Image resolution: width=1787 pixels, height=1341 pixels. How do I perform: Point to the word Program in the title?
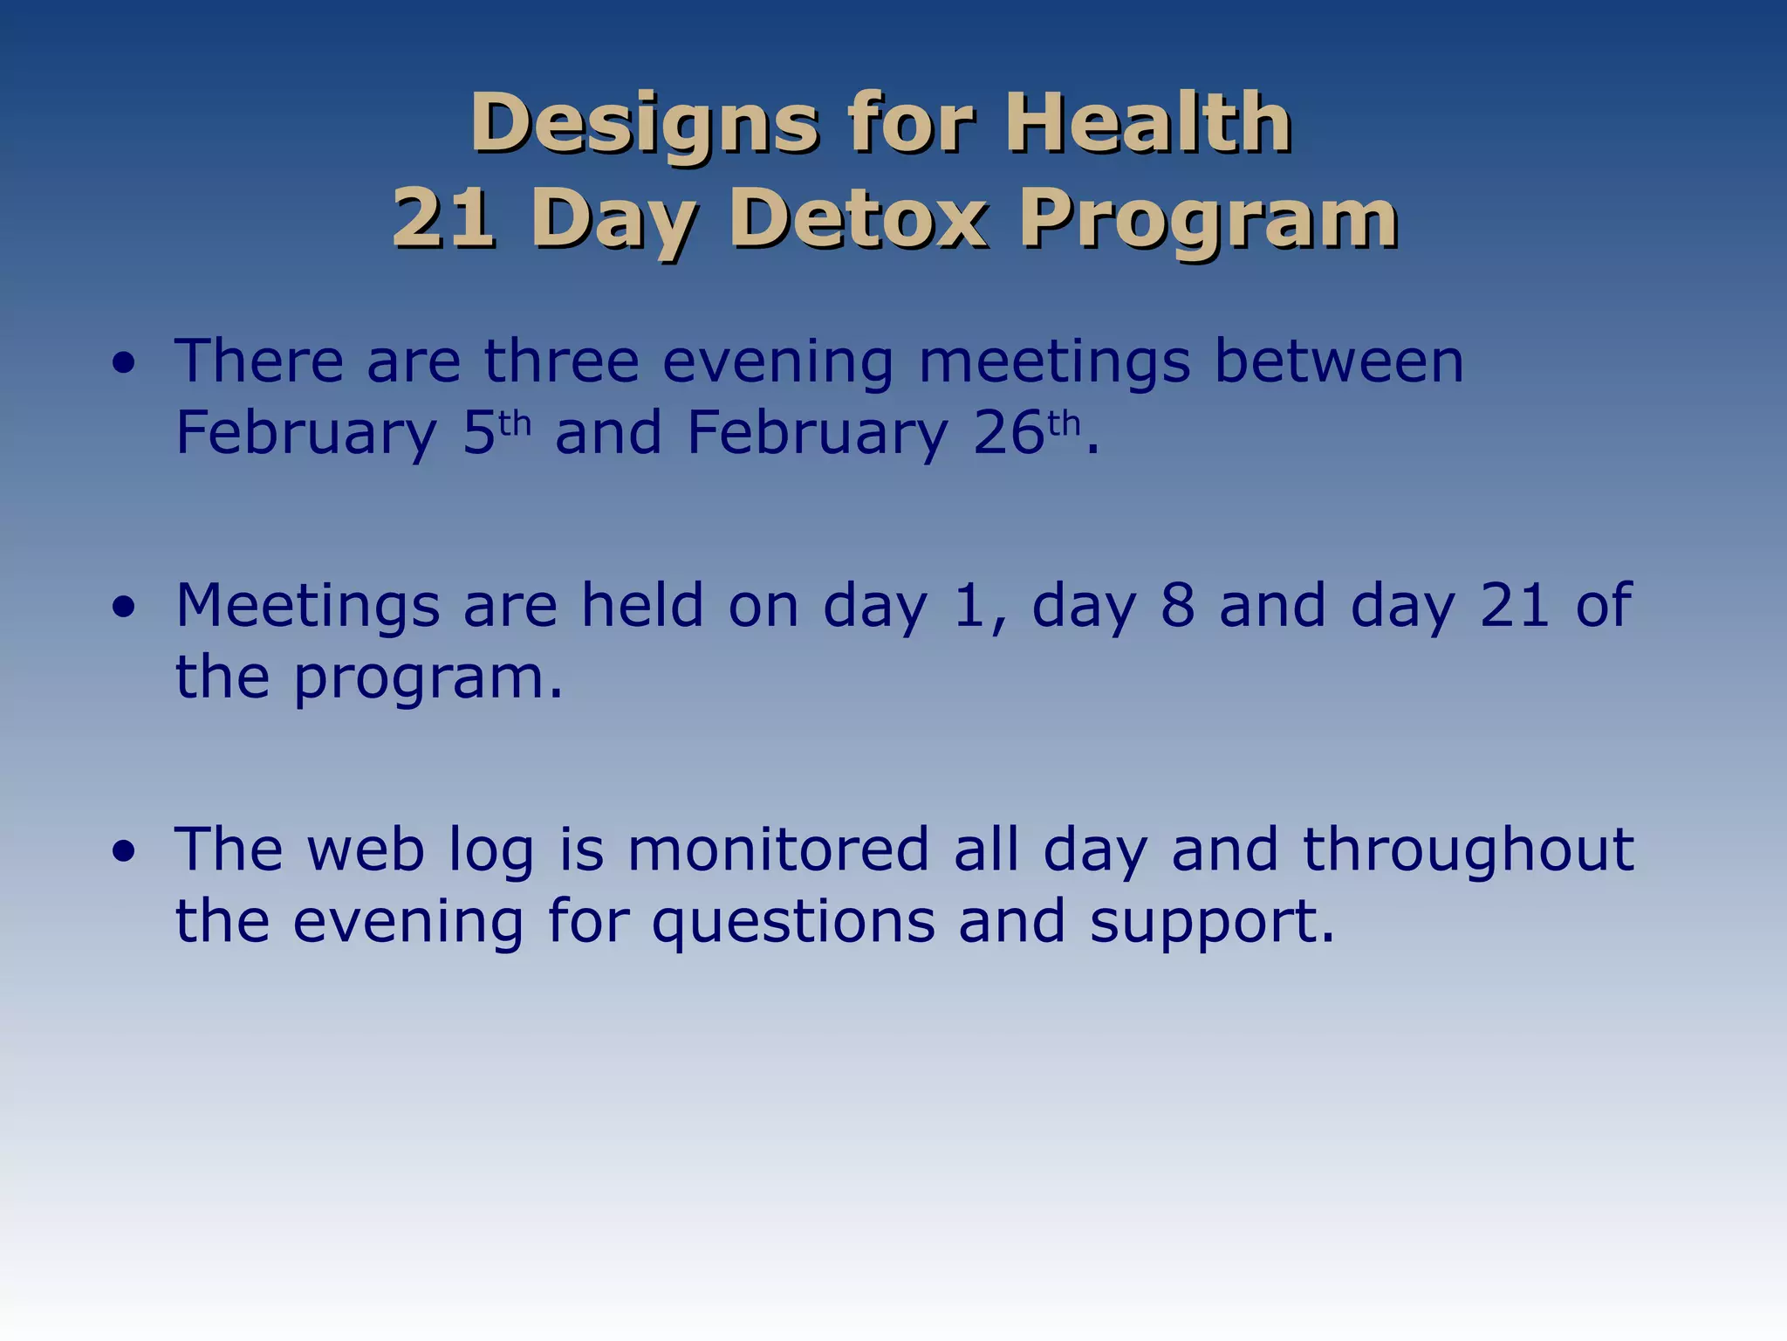(1208, 220)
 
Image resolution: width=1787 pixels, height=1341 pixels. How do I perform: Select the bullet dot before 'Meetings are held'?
(124, 608)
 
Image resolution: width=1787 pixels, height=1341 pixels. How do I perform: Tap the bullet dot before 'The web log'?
(124, 852)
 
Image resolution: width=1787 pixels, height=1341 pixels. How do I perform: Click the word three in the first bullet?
(562, 361)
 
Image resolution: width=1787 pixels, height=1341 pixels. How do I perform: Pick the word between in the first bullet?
(1339, 361)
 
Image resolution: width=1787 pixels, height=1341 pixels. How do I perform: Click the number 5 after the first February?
(478, 433)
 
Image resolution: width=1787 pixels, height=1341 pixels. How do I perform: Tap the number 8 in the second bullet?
(1177, 606)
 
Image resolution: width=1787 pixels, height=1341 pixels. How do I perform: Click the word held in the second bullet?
(642, 606)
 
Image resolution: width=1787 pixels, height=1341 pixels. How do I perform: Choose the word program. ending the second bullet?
(428, 679)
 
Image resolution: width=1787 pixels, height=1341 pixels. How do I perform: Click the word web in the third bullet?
(366, 850)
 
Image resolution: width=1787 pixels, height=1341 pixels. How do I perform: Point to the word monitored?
(778, 850)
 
